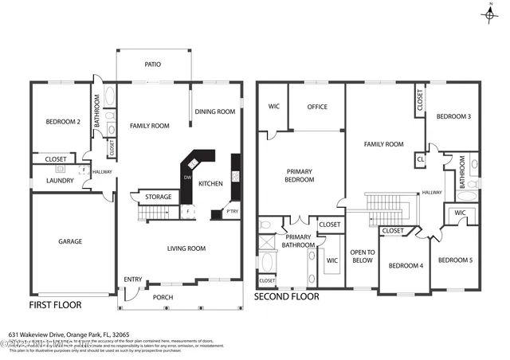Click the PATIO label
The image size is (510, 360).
[x=155, y=65]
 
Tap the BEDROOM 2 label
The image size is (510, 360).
[x=63, y=121]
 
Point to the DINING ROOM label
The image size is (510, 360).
[x=215, y=112]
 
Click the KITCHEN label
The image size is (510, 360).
[x=210, y=183]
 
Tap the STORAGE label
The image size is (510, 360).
[x=159, y=196]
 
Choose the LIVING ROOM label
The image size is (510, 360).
[x=186, y=248]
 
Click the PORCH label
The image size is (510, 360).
[x=163, y=297]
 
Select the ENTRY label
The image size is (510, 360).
[x=133, y=279]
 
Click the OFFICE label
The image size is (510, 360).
[x=317, y=107]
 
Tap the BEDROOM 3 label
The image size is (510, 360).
[x=453, y=116]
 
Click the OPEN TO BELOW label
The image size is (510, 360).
[x=363, y=255]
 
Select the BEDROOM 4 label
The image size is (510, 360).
[x=406, y=265]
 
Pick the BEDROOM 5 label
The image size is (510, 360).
[x=455, y=260]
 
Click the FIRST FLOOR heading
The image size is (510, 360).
[x=59, y=304]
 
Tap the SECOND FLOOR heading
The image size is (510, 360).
[x=287, y=296]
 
